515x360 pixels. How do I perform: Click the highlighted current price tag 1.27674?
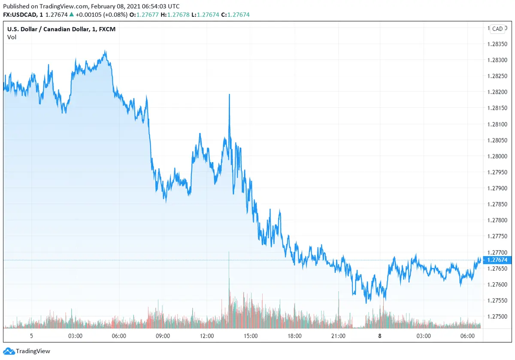tap(496, 260)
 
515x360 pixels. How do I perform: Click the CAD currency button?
tap(497, 29)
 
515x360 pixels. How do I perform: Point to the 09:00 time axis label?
tap(163, 336)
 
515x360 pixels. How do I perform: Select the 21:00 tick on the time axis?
tap(338, 336)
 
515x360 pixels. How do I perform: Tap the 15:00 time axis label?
tap(251, 336)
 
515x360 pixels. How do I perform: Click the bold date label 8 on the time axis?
tap(380, 336)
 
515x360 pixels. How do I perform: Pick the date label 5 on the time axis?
tap(31, 336)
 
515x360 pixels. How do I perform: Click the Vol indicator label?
tap(12, 37)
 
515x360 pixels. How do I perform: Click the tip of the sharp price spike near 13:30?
tap(230, 94)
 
